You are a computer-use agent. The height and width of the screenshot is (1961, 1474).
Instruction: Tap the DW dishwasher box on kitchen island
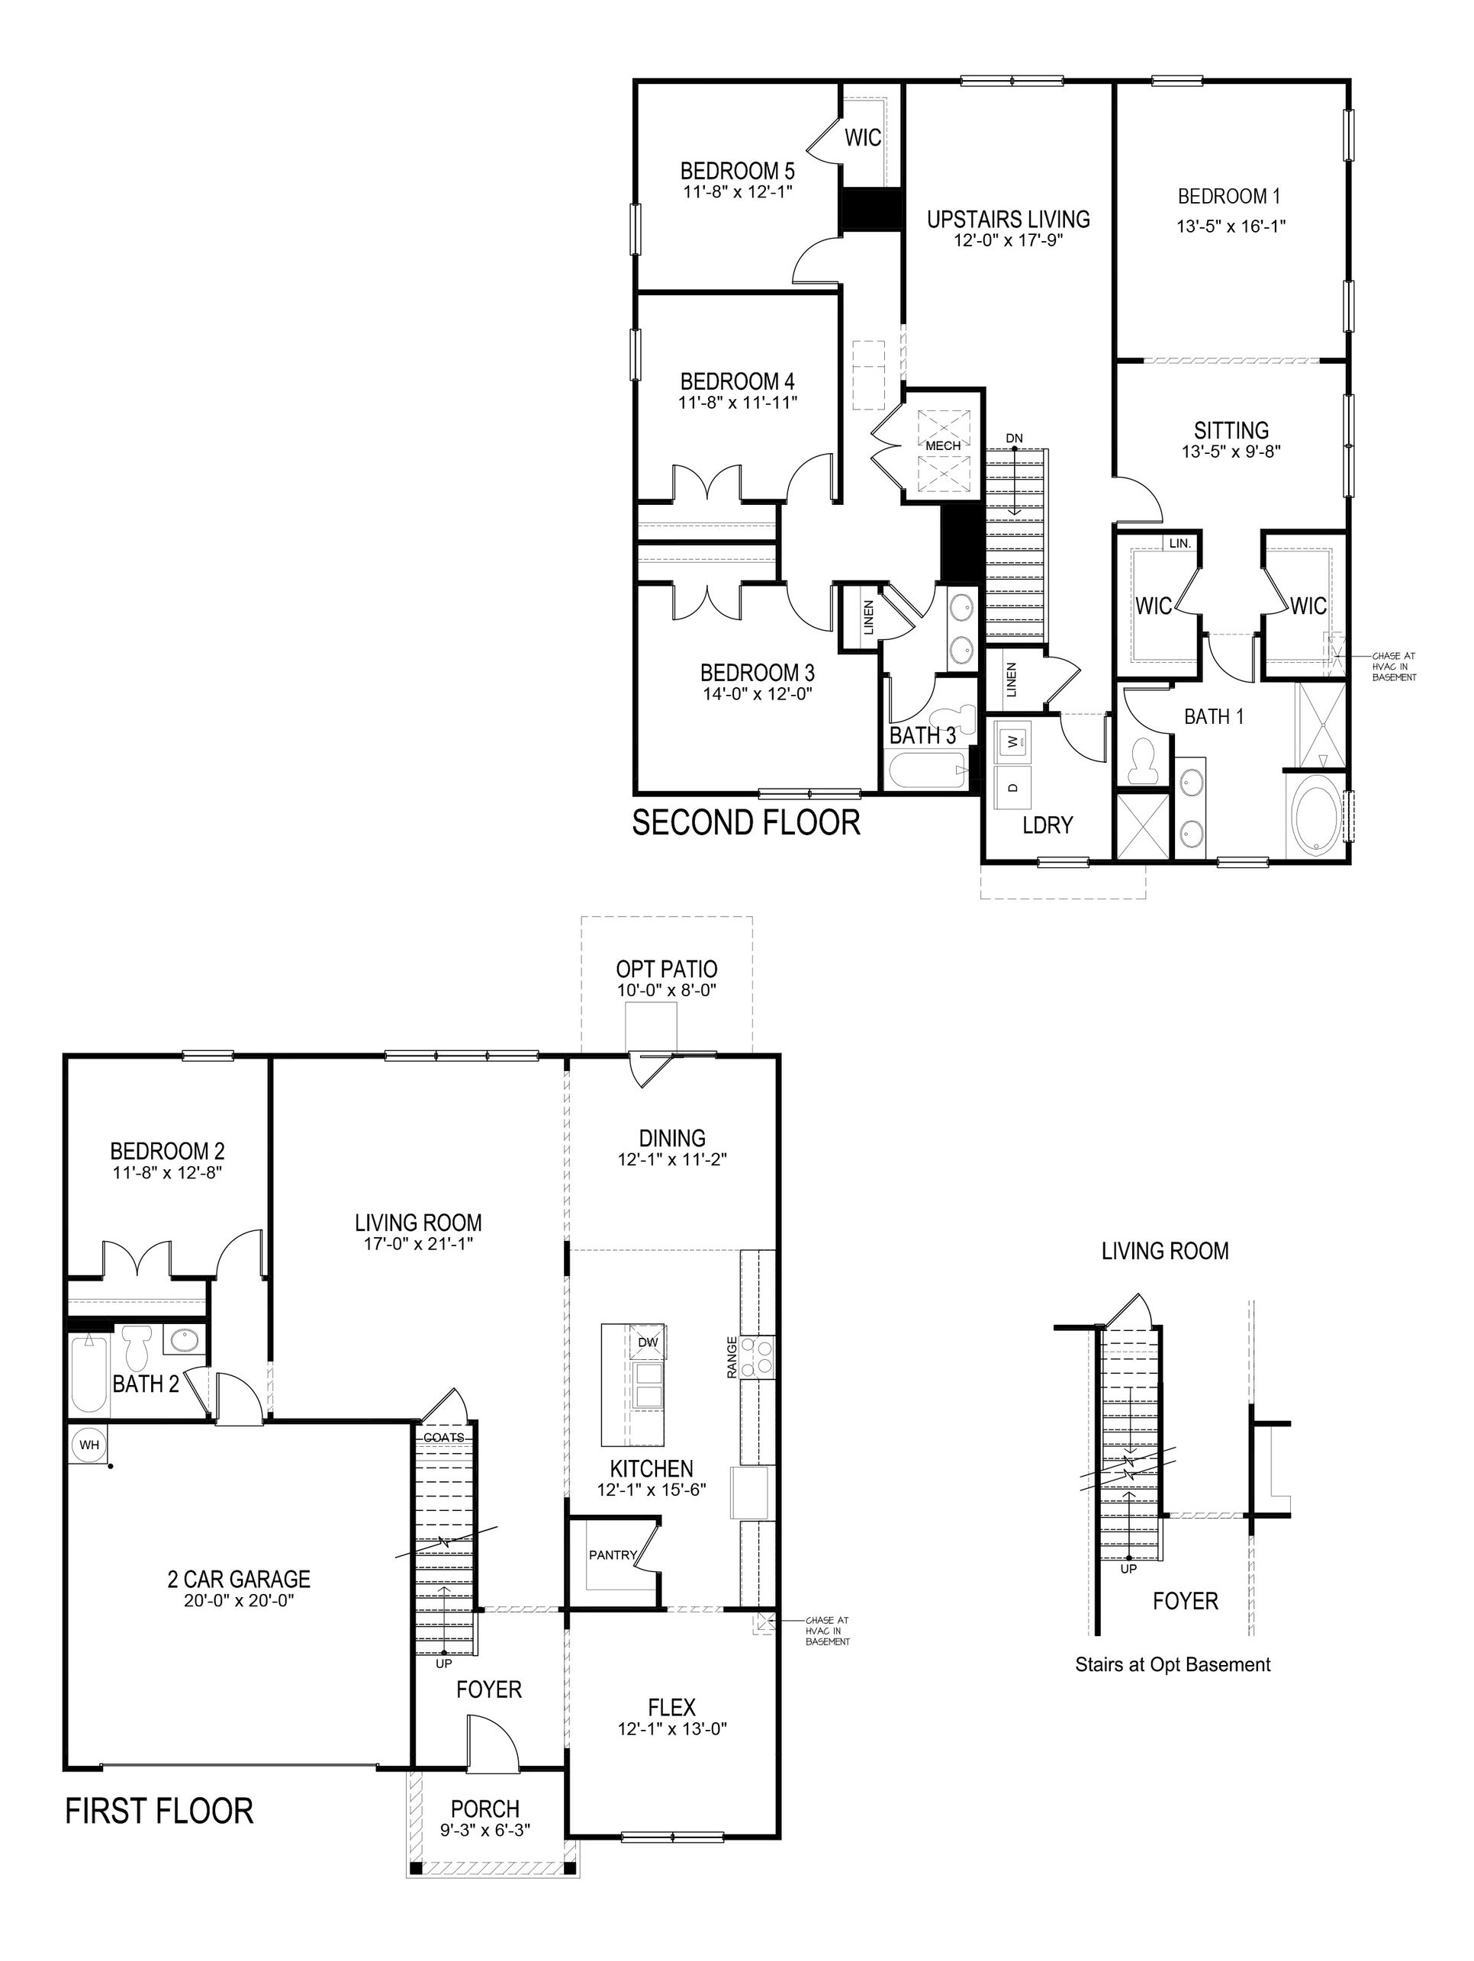[648, 1342]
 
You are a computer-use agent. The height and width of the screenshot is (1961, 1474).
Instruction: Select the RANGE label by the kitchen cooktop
[732, 1357]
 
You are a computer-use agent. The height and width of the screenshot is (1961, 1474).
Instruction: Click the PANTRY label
[613, 1555]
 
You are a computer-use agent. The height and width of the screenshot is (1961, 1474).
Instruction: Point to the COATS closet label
[443, 1437]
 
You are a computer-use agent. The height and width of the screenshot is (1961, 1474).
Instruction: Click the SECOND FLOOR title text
[746, 823]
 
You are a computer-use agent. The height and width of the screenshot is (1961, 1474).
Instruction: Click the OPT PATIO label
[666, 969]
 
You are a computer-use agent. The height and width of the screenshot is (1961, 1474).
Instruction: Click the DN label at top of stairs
[1015, 439]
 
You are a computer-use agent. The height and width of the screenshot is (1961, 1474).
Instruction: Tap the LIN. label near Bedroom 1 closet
[1180, 542]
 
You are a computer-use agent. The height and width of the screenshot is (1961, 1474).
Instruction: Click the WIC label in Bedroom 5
[862, 137]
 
